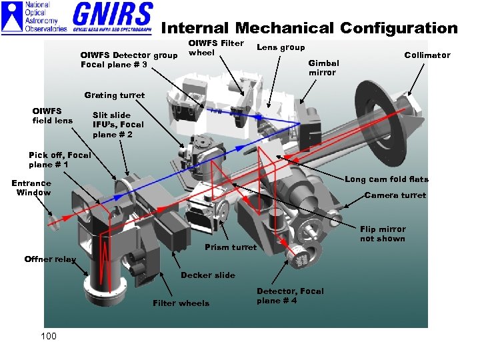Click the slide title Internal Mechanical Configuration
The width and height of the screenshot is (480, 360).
coord(309,28)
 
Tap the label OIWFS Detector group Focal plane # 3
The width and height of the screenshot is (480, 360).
coord(129,59)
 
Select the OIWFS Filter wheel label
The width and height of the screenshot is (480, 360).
coord(216,47)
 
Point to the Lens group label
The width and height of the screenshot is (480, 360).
coord(281,47)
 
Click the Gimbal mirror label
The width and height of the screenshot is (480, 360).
coord(323,67)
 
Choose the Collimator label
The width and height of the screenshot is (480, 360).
coord(427,55)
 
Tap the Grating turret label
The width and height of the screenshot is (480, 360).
coord(114,95)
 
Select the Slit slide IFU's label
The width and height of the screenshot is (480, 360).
coord(118,125)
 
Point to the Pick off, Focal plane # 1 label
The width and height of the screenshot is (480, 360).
coord(60,159)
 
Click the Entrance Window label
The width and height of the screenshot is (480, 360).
coord(31,187)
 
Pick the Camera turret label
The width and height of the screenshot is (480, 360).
coord(395,195)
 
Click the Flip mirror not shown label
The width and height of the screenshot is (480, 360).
coord(382,234)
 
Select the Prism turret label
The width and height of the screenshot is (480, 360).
coord(230,247)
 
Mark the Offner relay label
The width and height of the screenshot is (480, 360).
coord(50,259)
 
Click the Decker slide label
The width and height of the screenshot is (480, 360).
coord(207,275)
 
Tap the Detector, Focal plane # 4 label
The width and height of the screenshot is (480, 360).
coord(290,295)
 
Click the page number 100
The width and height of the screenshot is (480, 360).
coord(49,336)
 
